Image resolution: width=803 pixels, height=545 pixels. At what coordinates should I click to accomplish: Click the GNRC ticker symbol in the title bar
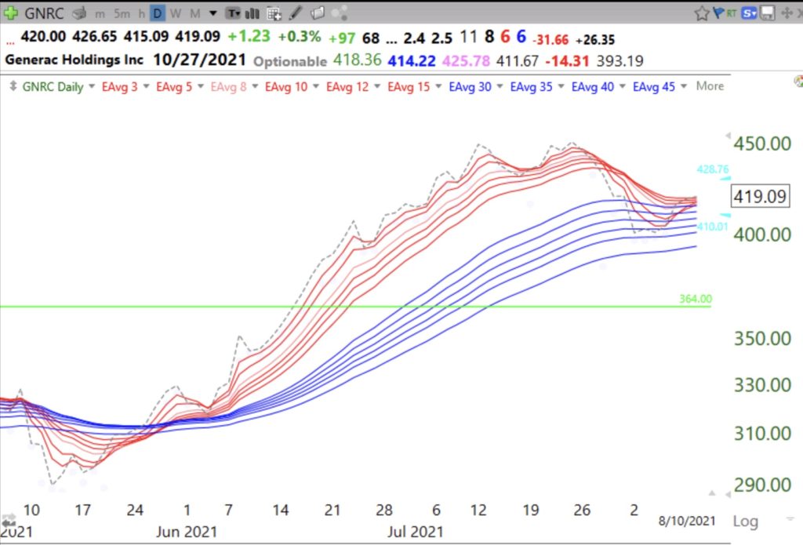(45, 13)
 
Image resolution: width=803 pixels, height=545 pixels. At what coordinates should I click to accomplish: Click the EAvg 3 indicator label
(119, 86)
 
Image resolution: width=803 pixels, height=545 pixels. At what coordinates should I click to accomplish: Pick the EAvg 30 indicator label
(471, 86)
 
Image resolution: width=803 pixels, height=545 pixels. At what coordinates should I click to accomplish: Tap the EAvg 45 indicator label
(654, 86)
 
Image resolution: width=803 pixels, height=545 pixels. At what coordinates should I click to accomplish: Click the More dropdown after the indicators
(710, 86)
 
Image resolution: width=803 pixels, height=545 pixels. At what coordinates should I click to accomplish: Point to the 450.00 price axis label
(761, 144)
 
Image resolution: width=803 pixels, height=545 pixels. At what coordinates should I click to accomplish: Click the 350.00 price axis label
(761, 340)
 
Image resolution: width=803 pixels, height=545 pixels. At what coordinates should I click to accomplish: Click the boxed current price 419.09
(759, 196)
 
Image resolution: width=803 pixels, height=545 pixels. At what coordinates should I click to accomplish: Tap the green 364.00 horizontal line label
(696, 298)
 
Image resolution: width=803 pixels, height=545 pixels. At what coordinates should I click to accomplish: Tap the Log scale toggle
(745, 521)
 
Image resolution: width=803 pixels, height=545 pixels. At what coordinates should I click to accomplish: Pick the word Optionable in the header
(290, 60)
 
